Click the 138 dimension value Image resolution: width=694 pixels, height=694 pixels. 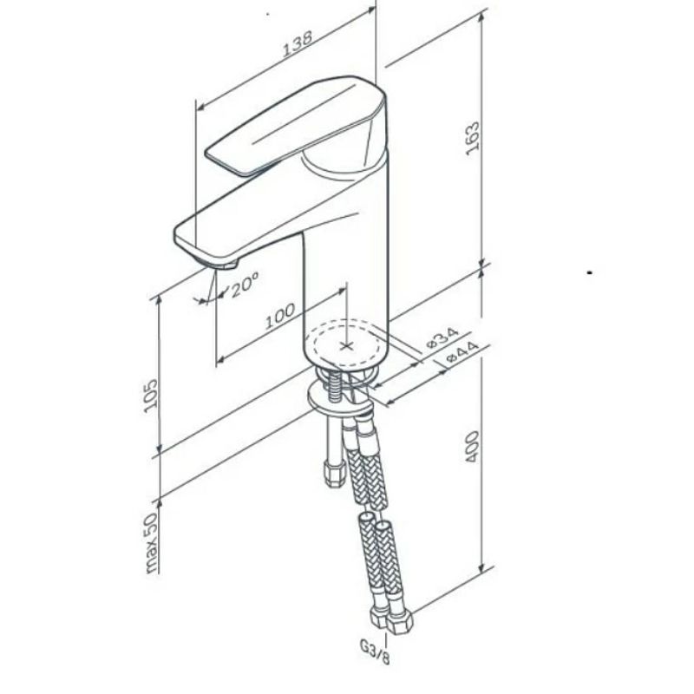pyautogui.click(x=298, y=43)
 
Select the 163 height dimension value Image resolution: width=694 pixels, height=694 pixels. pyautogui.click(x=473, y=138)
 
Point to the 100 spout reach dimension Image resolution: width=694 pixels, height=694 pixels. pyautogui.click(x=279, y=316)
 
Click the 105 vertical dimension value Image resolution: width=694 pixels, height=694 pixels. pyautogui.click(x=151, y=396)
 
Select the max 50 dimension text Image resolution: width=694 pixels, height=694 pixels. pyautogui.click(x=151, y=543)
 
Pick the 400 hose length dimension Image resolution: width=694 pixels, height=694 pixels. pyautogui.click(x=473, y=447)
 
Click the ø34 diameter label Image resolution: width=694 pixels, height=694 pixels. pyautogui.click(x=442, y=337)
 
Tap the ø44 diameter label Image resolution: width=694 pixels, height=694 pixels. pyautogui.click(x=463, y=352)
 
